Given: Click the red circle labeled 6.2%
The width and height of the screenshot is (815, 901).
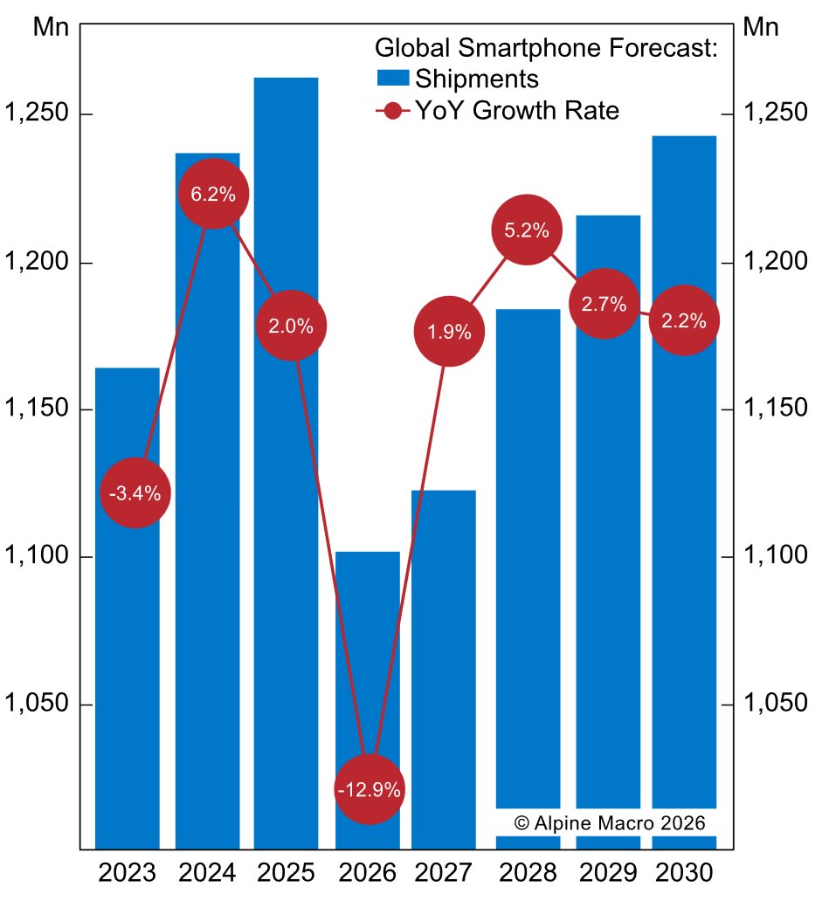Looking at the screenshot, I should pyautogui.click(x=213, y=194).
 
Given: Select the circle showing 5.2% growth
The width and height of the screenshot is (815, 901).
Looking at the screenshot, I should pyautogui.click(x=527, y=230).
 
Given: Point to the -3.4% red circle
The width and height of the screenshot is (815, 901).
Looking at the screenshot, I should pyautogui.click(x=135, y=493).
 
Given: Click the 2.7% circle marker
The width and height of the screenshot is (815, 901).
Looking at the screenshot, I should pyautogui.click(x=604, y=304).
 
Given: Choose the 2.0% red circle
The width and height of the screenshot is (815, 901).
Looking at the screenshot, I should pyautogui.click(x=291, y=326).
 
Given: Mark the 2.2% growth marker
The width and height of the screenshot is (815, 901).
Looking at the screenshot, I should pyautogui.click(x=683, y=320).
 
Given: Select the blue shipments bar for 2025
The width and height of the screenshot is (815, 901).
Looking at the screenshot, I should pyautogui.click(x=286, y=524).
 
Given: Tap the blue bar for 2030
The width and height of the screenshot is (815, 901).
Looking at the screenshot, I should pyautogui.click(x=684, y=524).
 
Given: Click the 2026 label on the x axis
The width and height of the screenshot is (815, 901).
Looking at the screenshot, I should pyautogui.click(x=366, y=872).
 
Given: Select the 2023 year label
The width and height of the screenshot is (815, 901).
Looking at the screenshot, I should pyautogui.click(x=127, y=872).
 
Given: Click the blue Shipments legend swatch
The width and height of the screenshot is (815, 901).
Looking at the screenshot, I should pyautogui.click(x=392, y=79).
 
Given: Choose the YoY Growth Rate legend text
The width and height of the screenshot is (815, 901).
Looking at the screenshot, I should pyautogui.click(x=517, y=111).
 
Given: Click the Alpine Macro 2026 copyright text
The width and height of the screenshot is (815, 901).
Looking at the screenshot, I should pyautogui.click(x=610, y=822).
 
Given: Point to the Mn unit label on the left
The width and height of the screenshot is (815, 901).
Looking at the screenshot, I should pyautogui.click(x=51, y=26).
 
